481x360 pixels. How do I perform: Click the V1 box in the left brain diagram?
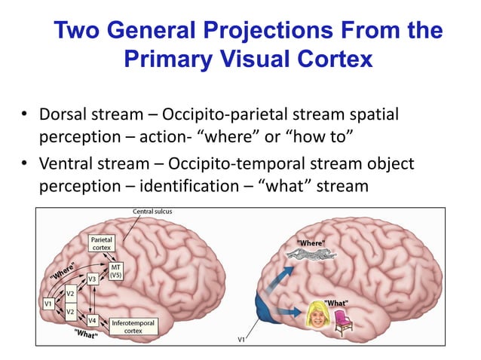(47, 303)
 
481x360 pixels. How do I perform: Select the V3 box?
(92, 278)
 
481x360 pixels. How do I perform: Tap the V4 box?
(92, 319)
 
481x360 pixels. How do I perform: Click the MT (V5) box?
(115, 271)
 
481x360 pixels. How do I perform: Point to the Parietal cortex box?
(102, 243)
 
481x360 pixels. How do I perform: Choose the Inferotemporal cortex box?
(127, 326)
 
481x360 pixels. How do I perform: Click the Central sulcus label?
(152, 212)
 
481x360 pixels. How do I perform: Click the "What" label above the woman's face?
(335, 302)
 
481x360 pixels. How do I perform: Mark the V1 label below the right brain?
(241, 340)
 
